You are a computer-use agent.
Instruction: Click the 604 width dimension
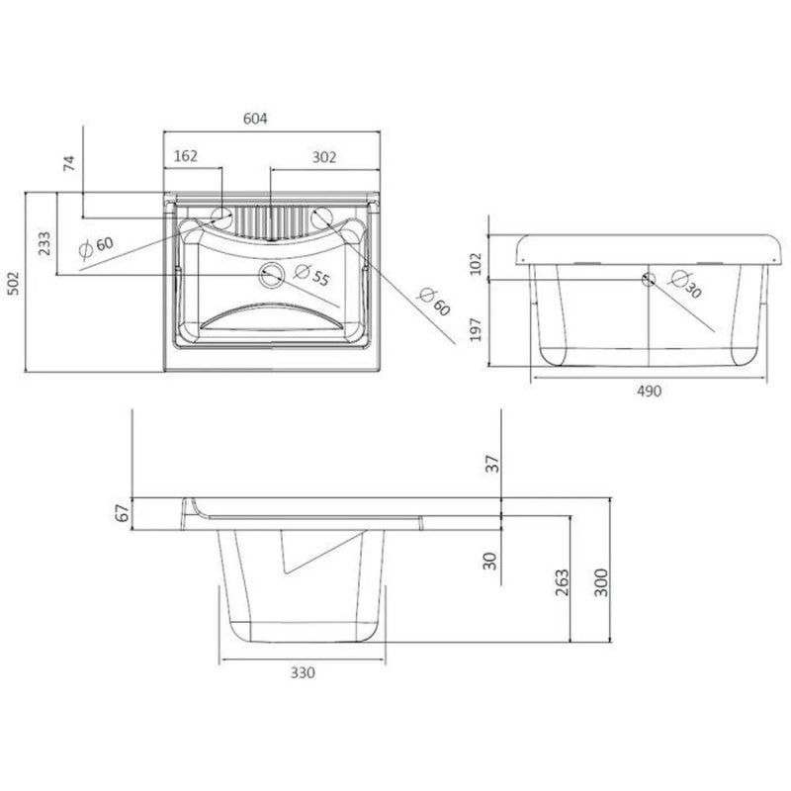(255, 119)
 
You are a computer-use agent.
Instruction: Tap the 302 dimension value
(324, 155)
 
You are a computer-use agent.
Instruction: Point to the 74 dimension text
(68, 164)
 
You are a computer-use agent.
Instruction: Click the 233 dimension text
(44, 242)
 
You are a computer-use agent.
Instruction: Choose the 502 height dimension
(13, 284)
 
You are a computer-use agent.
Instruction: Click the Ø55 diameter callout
(310, 277)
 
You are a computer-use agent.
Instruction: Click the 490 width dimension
(648, 391)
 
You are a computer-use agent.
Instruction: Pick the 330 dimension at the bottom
(303, 672)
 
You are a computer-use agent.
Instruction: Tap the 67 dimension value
(122, 514)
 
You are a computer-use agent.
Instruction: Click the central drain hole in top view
(270, 274)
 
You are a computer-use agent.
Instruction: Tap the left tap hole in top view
(221, 215)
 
